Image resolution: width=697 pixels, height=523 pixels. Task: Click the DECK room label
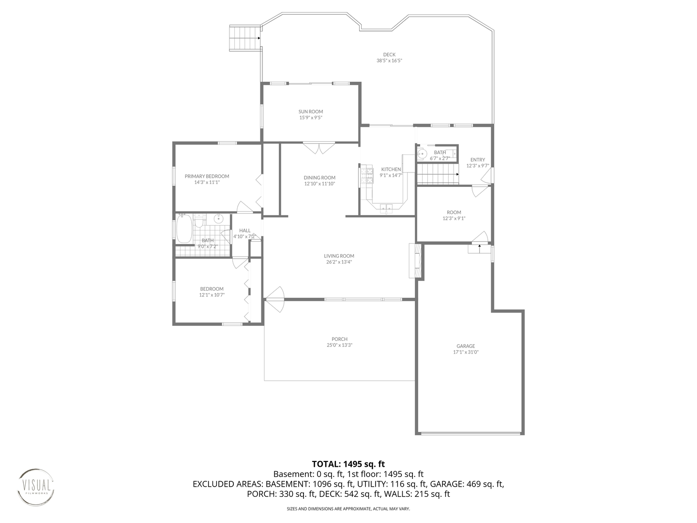coord(389,55)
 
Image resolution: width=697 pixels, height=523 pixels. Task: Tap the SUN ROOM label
coord(311,111)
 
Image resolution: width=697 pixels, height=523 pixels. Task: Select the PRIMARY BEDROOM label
coord(207,176)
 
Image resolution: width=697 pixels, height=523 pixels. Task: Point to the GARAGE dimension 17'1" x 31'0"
coord(466,352)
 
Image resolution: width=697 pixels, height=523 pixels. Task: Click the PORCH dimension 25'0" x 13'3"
coord(339,345)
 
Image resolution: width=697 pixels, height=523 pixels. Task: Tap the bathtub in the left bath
coord(184,230)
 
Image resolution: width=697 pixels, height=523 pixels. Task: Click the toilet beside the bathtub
coord(198,222)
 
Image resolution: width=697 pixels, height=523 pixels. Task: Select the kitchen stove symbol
coord(366,175)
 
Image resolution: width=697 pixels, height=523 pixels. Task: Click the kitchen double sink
coord(386,208)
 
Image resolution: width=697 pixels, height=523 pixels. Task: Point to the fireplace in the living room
coord(415,260)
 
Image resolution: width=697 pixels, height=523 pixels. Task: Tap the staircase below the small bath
coord(438,174)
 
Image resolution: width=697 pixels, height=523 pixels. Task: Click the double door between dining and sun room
coord(319,147)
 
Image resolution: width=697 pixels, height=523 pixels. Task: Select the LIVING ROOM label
coord(339,256)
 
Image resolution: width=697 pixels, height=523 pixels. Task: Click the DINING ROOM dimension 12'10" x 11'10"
coord(319,184)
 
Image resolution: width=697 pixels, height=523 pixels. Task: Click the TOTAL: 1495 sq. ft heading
coord(348,464)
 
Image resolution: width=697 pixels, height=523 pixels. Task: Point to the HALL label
coord(245,231)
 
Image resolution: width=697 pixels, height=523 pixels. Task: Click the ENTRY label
coord(477,160)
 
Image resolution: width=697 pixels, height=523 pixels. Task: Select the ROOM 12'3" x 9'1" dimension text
coord(454,218)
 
